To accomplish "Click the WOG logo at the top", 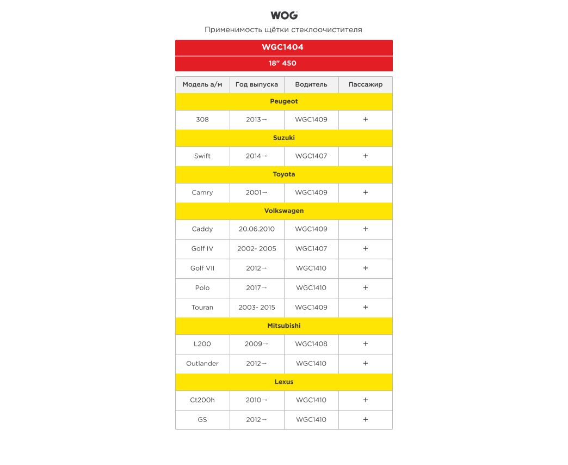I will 283,15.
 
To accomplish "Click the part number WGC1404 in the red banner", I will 283,47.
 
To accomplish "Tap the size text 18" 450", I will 282,63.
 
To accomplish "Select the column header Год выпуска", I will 257,84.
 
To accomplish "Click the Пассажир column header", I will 365,84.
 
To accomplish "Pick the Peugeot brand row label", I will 283,101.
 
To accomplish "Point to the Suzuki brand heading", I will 283,138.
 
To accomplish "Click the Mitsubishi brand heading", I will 283,326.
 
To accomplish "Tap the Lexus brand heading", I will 283,382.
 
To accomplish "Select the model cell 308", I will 202,119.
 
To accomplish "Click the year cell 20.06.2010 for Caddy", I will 257,229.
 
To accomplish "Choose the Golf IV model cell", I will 202,249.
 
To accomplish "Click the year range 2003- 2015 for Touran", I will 257,308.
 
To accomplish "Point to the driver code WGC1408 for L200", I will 311,344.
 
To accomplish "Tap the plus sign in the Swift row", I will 365,156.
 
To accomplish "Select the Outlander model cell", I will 202,364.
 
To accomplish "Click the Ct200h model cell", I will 202,400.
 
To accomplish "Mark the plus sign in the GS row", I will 365,420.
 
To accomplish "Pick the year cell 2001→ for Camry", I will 257,193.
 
